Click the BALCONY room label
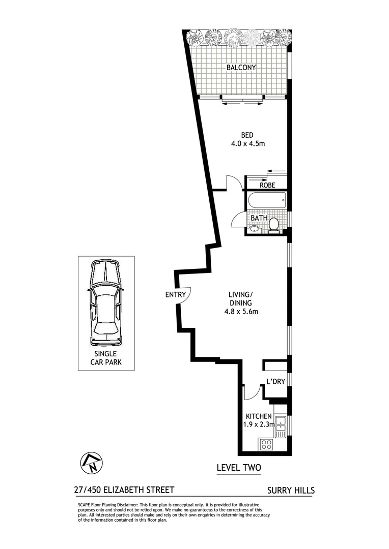(x=241, y=68)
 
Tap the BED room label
(x=247, y=135)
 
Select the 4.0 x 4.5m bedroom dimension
(x=248, y=144)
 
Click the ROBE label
(x=267, y=185)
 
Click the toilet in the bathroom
(x=274, y=224)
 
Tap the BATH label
(x=259, y=218)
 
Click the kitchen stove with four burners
(x=266, y=445)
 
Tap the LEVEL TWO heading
(x=239, y=467)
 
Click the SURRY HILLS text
(x=291, y=491)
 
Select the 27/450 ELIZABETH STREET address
(x=124, y=490)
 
